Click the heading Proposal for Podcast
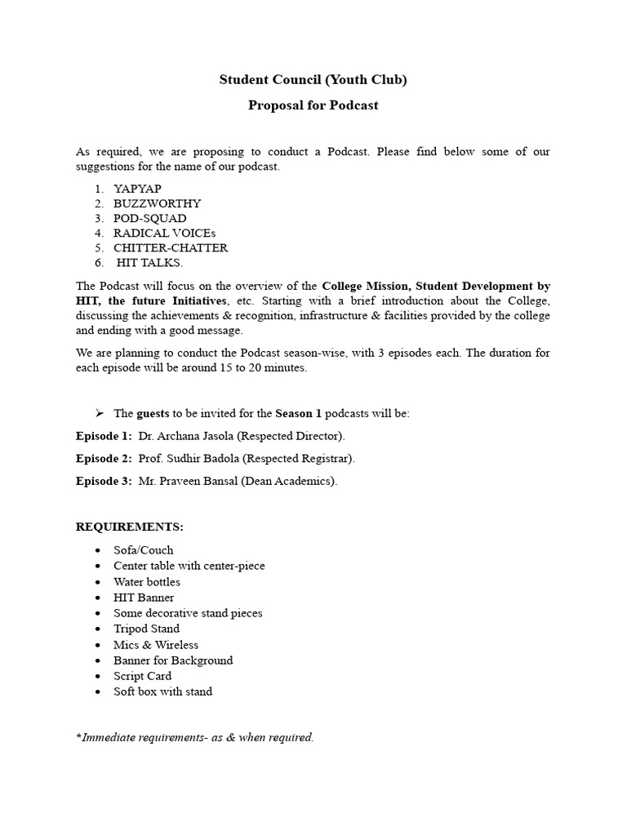click(x=313, y=105)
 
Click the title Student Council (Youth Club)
click(x=313, y=79)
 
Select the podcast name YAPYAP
click(x=137, y=189)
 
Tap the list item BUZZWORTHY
click(x=157, y=203)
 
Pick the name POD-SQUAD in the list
click(x=149, y=218)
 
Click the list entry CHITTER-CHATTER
click(x=171, y=247)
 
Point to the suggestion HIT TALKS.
click(x=150, y=262)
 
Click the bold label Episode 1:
click(x=104, y=436)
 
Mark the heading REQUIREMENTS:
click(x=130, y=527)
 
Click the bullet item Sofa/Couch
click(x=143, y=550)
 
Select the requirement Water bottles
click(x=147, y=581)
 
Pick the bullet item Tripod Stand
click(x=146, y=629)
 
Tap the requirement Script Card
click(x=142, y=676)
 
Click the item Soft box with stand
click(x=162, y=691)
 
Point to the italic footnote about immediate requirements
click(x=194, y=737)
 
